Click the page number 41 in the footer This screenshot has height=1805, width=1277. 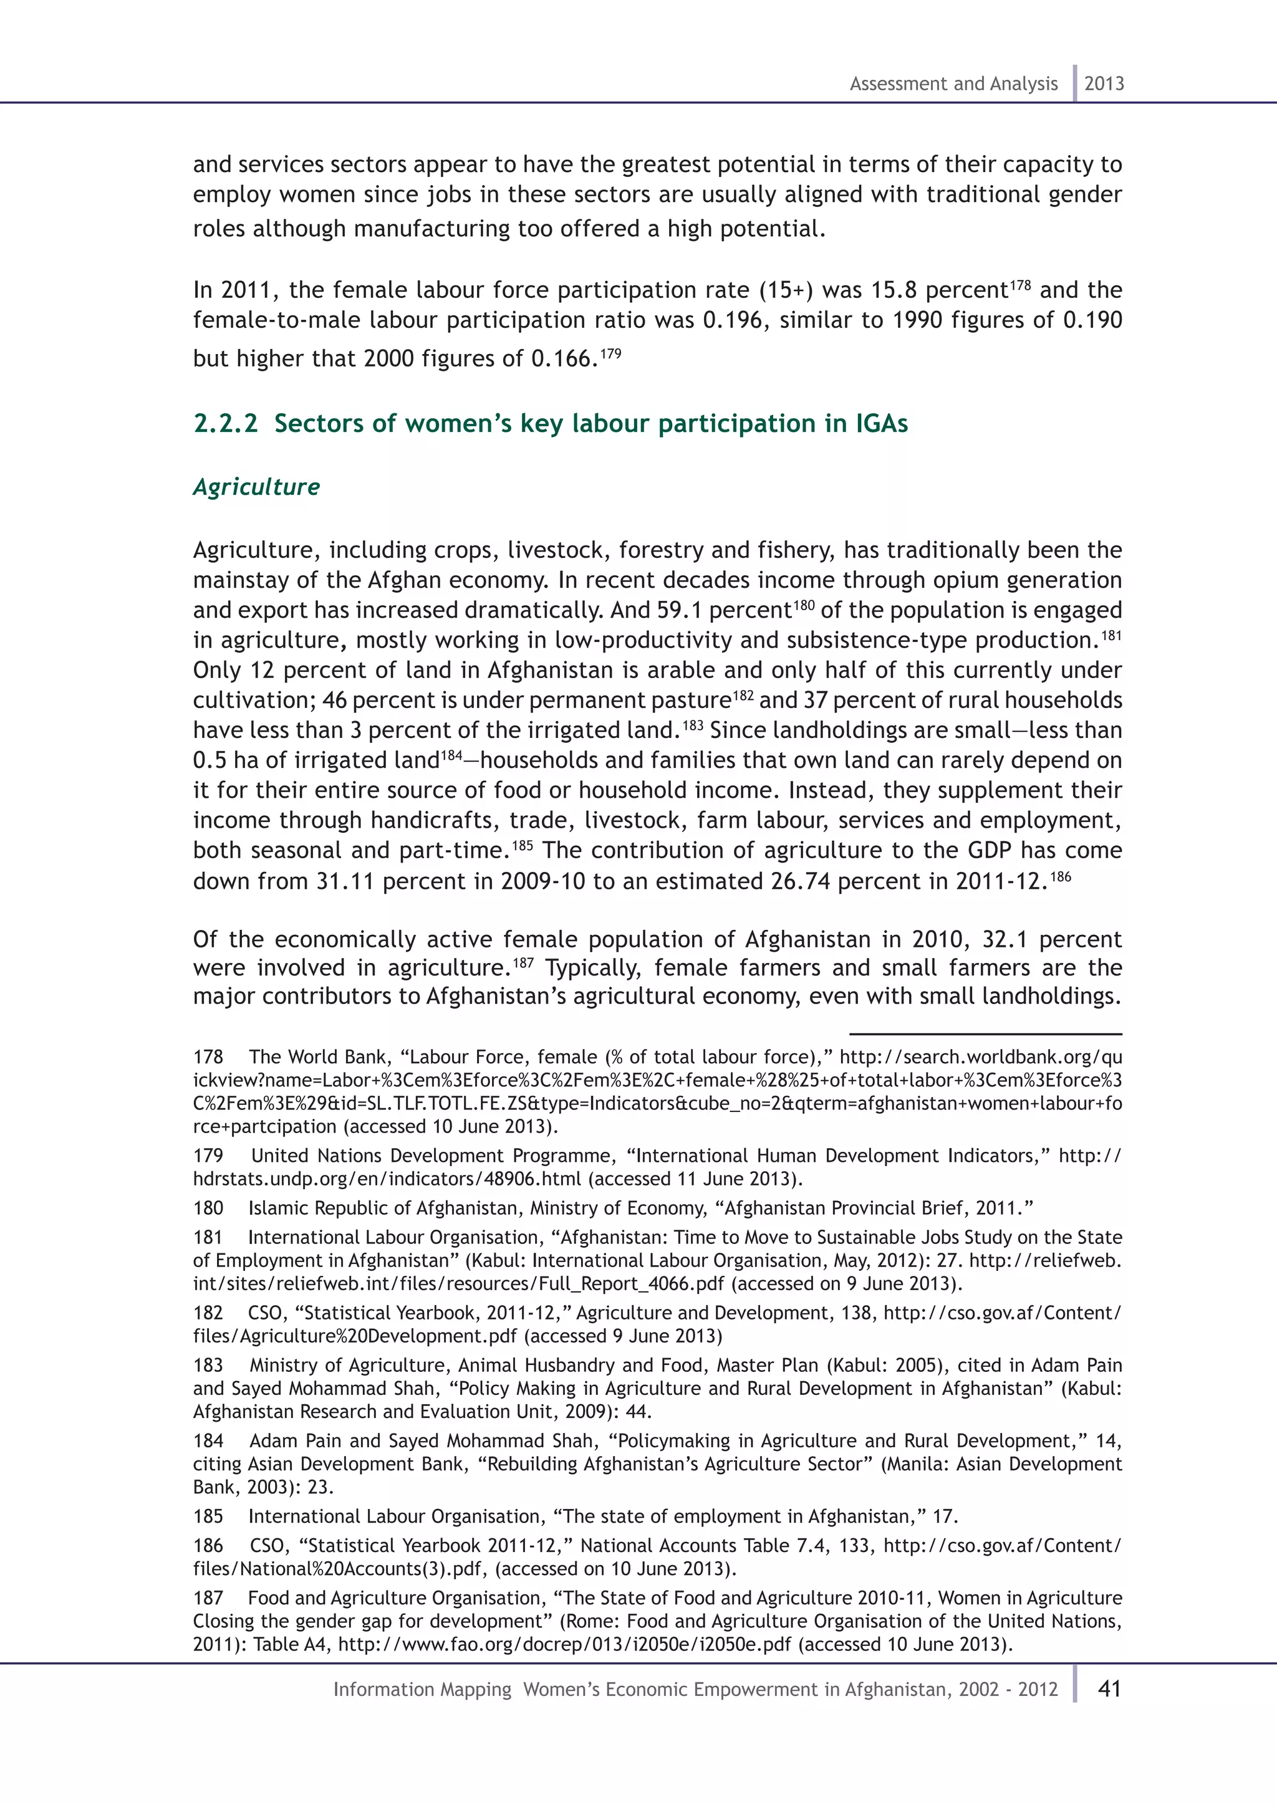pyautogui.click(x=1109, y=1688)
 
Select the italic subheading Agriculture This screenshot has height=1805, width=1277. pyautogui.click(x=256, y=487)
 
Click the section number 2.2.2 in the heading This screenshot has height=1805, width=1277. pyautogui.click(x=225, y=424)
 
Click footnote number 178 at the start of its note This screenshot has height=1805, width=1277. pyautogui.click(x=208, y=1057)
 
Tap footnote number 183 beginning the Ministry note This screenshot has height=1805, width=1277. pyautogui.click(x=208, y=1366)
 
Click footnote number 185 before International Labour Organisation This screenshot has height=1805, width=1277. pyautogui.click(x=208, y=1516)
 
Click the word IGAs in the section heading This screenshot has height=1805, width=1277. pyautogui.click(x=880, y=424)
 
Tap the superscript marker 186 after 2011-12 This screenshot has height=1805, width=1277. pyautogui.click(x=1061, y=876)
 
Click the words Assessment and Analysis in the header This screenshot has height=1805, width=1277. pyautogui.click(x=953, y=84)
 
